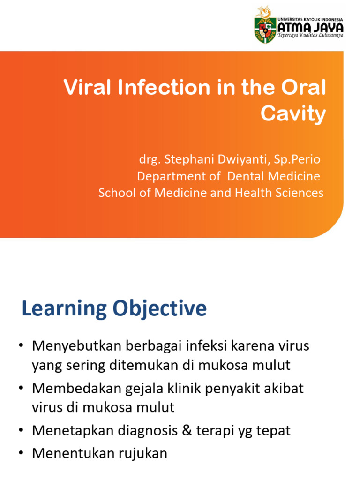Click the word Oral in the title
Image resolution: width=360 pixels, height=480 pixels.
(x=305, y=88)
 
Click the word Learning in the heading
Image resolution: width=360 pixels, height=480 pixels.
(x=64, y=309)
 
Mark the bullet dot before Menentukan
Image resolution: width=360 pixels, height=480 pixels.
(x=22, y=453)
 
